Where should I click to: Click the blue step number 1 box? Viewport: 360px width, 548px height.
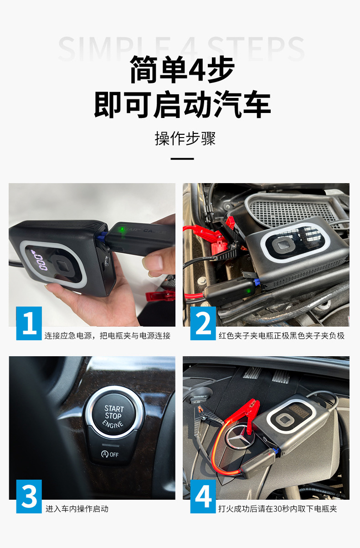pyautogui.click(x=29, y=323)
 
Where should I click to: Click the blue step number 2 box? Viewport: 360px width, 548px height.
pyautogui.click(x=203, y=323)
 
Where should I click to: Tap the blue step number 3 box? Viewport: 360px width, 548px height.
pyautogui.click(x=29, y=496)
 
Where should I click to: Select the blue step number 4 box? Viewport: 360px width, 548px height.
pyautogui.click(x=203, y=496)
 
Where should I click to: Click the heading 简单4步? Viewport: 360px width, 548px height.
pyautogui.click(x=182, y=70)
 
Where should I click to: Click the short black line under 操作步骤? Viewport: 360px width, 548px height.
pyautogui.click(x=182, y=159)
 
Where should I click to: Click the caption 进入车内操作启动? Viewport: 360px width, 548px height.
pyautogui.click(x=77, y=509)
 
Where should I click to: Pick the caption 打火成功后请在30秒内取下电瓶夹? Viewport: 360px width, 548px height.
pyautogui.click(x=278, y=509)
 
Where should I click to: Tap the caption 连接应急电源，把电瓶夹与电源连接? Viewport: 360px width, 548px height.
pyautogui.click(x=107, y=336)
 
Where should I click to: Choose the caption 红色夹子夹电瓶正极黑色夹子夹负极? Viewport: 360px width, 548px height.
pyautogui.click(x=281, y=336)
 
